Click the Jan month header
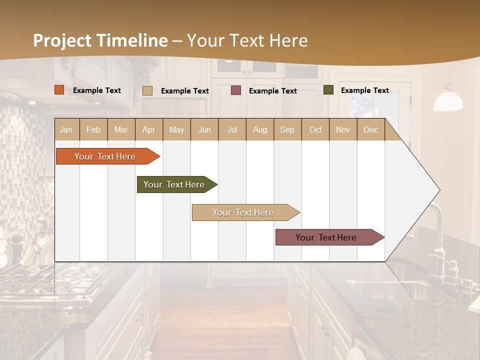pos(66,129)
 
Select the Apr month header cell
pos(149,129)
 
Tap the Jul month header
pos(232,129)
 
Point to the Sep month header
pos(287,129)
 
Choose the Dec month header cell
pos(370,129)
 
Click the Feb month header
pos(93,129)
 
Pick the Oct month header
pos(315,129)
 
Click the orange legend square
pos(59,90)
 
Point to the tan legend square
pos(147,90)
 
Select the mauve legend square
pos(236,90)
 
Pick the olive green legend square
pos(328,90)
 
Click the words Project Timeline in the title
pos(100,40)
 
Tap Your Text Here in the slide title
pos(247,40)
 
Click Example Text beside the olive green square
pos(364,90)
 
